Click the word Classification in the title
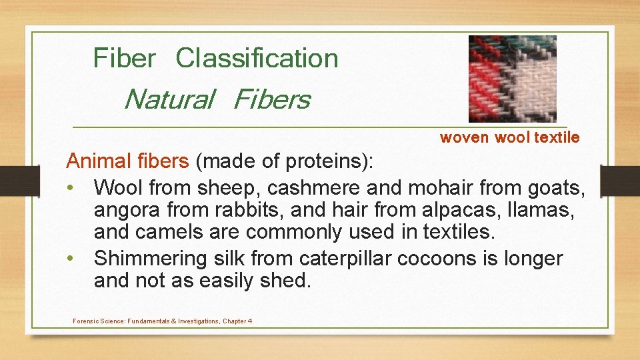[257, 58]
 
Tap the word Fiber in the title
[124, 58]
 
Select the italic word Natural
[169, 99]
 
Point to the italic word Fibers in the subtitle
[272, 99]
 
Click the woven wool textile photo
[512, 79]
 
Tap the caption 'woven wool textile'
[509, 137]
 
